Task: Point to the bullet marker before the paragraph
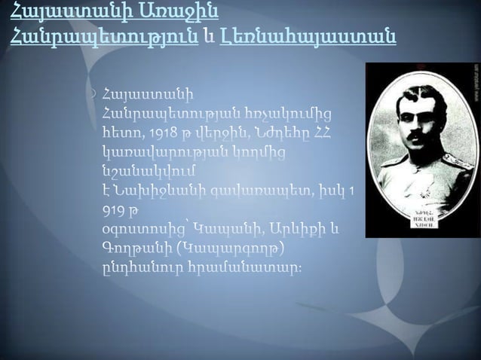[91, 95]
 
